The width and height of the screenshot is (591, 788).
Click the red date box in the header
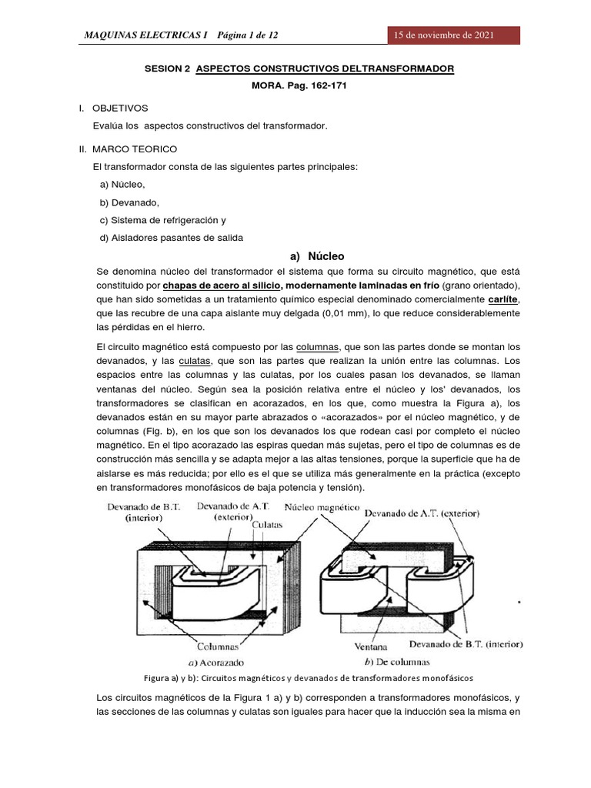pos(453,35)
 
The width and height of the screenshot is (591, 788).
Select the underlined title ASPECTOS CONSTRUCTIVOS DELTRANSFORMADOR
pos(325,68)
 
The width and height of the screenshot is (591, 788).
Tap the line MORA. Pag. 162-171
pos(299,86)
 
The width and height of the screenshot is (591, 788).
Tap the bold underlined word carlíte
pos(503,299)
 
